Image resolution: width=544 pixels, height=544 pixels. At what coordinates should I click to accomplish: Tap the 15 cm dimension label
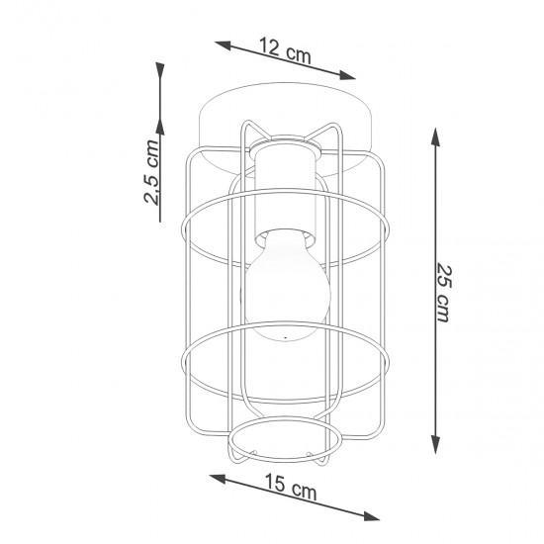coord(290,488)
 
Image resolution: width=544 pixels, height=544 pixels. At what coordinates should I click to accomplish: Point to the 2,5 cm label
coord(152,172)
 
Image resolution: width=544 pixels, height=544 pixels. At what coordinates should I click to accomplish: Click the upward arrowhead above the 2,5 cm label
coord(160,69)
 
